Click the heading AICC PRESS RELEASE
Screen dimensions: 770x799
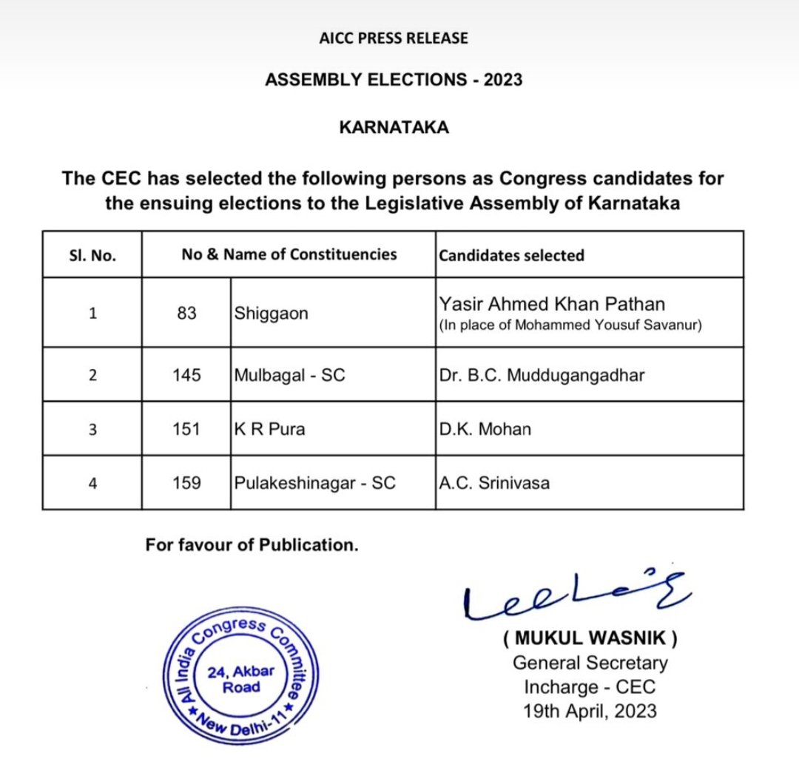[x=394, y=38]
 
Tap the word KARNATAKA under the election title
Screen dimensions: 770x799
[x=394, y=127]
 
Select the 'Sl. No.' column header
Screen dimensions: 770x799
[x=92, y=255]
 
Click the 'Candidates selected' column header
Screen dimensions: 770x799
[x=511, y=255]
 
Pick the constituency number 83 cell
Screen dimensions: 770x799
[x=186, y=314]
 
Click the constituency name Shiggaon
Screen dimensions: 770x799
[x=272, y=314]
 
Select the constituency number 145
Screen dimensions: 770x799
[x=186, y=375]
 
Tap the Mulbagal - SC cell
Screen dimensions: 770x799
[x=289, y=375]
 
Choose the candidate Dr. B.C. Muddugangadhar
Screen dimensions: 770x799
[x=542, y=375]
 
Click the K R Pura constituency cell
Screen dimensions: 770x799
[x=269, y=429]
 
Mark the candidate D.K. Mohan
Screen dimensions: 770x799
[x=485, y=429]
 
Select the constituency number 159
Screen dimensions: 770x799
[x=186, y=483]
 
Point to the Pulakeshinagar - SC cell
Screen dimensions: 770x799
[x=314, y=483]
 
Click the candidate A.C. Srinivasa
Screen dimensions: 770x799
[x=494, y=484]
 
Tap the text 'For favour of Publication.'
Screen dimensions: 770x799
[x=252, y=545]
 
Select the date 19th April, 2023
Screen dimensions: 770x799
[x=590, y=711]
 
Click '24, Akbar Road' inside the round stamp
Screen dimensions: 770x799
[x=241, y=679]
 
